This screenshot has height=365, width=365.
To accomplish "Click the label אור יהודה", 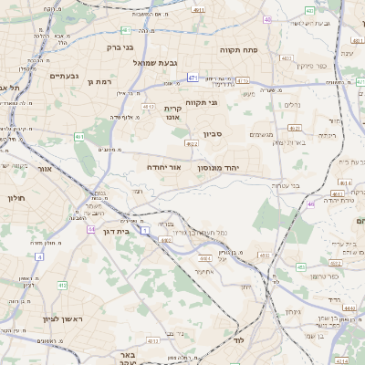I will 164,168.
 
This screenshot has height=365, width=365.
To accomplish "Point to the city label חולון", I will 15,198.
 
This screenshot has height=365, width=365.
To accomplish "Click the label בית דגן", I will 113,232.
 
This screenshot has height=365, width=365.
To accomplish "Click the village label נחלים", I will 294,105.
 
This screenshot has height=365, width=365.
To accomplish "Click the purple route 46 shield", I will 310,204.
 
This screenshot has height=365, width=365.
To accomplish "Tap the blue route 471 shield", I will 193,79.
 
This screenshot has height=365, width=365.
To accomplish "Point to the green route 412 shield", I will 62,286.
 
